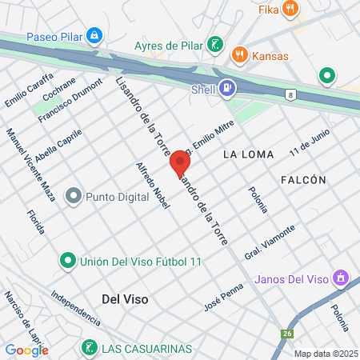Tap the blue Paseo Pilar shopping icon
(95, 36)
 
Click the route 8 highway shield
(290, 94)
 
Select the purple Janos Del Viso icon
(341, 278)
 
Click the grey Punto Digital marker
(74, 195)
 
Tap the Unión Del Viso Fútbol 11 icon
(68, 261)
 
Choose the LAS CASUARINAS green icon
(90, 348)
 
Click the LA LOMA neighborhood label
(248, 154)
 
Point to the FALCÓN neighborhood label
(303, 180)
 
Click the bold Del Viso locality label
(126, 298)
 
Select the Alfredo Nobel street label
(154, 187)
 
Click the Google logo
(26, 350)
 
